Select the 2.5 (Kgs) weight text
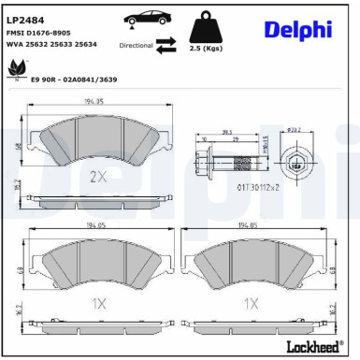tap(205, 47)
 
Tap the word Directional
tap(137, 44)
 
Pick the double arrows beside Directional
tap(165, 43)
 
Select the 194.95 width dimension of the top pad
tap(93, 101)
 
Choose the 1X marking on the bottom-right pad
tap(251, 303)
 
